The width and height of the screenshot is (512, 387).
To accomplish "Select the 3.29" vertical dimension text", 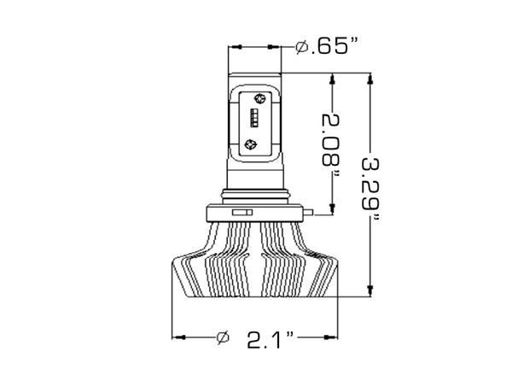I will pyautogui.click(x=371, y=187).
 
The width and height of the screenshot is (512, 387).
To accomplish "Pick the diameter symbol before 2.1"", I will pyautogui.click(x=224, y=337).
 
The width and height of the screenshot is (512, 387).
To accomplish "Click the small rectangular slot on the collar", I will pyautogui.click(x=243, y=209).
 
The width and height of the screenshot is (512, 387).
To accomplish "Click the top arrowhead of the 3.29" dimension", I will pyautogui.click(x=369, y=79).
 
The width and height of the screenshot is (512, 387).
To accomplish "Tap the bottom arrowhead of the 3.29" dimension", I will pyautogui.click(x=369, y=290).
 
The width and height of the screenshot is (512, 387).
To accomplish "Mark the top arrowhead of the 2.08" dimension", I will pyautogui.click(x=333, y=79).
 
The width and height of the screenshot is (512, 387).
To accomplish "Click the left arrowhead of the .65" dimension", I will pyautogui.click(x=232, y=46).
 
